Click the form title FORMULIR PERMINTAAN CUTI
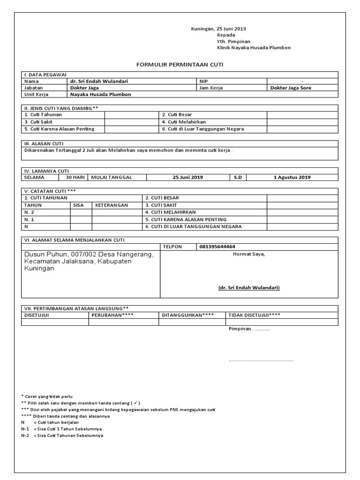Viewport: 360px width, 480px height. (x=180, y=64)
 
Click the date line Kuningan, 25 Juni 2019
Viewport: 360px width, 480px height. (x=219, y=29)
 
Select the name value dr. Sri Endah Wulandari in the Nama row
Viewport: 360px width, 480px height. (x=99, y=81)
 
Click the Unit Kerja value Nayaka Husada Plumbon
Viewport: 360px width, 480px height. (x=100, y=94)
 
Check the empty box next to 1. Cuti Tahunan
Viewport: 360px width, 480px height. (x=132, y=114)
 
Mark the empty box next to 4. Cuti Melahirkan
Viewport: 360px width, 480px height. (x=302, y=122)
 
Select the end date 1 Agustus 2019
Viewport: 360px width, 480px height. (x=292, y=178)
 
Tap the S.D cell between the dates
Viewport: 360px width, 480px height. (x=238, y=178)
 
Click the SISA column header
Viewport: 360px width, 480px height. (x=78, y=205)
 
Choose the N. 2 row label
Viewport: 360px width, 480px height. (x=29, y=212)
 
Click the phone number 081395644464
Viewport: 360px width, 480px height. (x=217, y=247)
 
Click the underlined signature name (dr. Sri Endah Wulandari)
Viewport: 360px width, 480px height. (x=249, y=288)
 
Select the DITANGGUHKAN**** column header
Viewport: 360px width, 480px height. (x=188, y=315)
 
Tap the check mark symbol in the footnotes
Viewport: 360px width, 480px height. (x=135, y=403)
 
